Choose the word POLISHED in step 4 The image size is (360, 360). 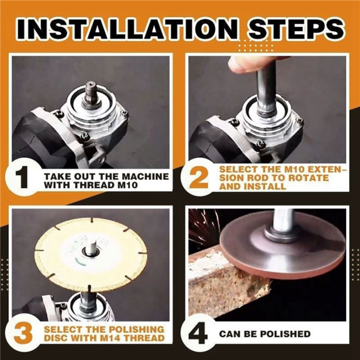tap(285, 333)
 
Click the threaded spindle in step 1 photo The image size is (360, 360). tap(91, 93)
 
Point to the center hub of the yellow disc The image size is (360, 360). tap(91, 248)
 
